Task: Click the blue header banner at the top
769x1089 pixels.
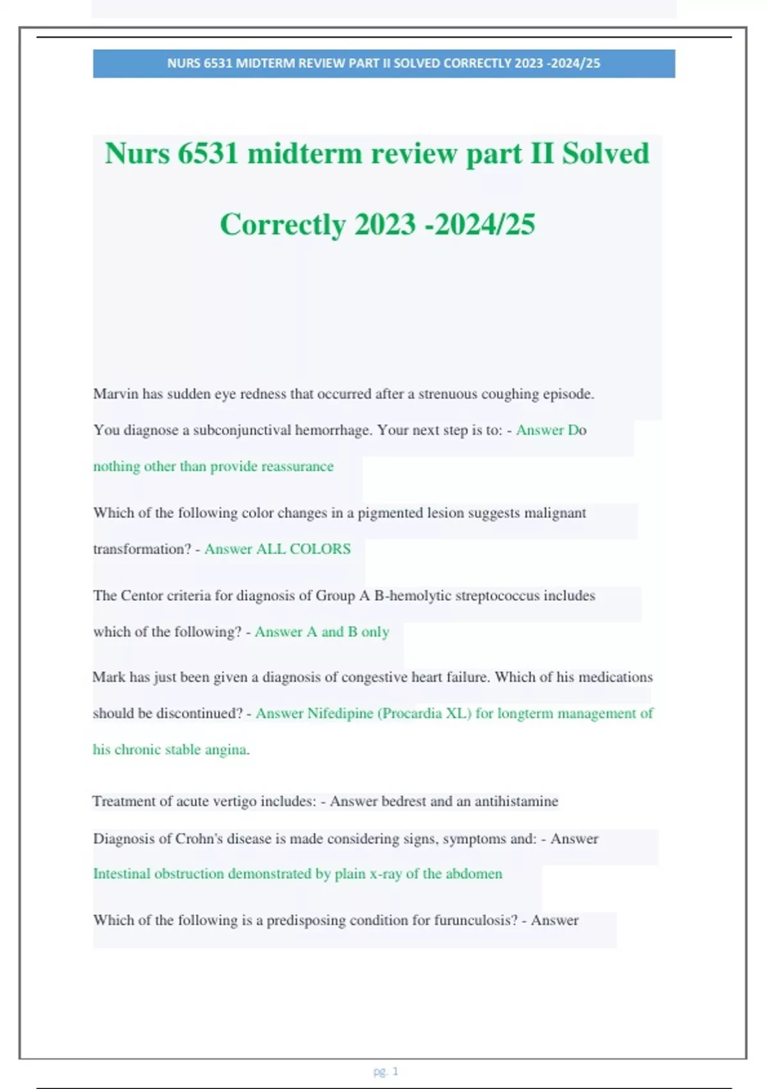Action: pyautogui.click(x=383, y=63)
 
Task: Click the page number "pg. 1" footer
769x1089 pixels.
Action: pyautogui.click(x=386, y=1071)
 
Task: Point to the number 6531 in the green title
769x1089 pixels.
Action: pyautogui.click(x=208, y=154)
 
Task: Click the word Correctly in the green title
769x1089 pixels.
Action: pyautogui.click(x=283, y=224)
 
